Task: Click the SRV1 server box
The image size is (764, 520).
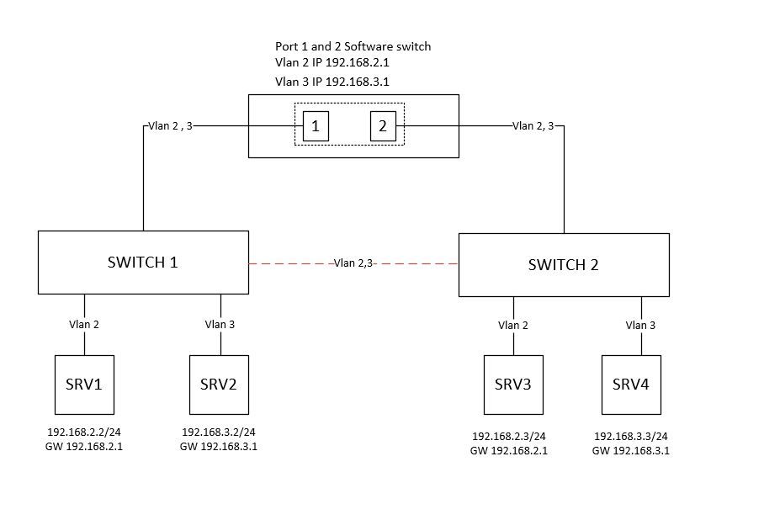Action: click(x=84, y=385)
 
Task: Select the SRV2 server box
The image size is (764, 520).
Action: click(x=219, y=385)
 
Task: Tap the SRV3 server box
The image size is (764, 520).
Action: click(x=513, y=385)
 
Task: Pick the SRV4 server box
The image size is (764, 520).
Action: click(x=631, y=385)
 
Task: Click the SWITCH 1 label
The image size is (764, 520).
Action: click(x=143, y=262)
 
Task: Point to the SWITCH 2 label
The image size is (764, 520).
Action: click(x=564, y=265)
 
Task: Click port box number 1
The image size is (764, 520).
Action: click(x=316, y=126)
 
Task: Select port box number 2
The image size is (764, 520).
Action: click(x=383, y=126)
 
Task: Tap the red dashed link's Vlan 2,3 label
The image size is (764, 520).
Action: click(x=353, y=263)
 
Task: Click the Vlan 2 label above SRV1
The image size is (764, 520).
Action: click(x=84, y=324)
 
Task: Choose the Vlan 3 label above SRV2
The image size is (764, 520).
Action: click(x=220, y=324)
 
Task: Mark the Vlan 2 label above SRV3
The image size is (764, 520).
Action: click(x=513, y=325)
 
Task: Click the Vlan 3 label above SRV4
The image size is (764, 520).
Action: click(x=641, y=325)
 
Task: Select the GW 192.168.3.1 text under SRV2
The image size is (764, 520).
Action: click(x=219, y=447)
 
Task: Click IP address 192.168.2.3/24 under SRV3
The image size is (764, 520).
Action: click(x=509, y=437)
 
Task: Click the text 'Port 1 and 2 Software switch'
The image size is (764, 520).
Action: click(x=353, y=46)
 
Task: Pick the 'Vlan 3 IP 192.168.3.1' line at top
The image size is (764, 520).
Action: click(x=332, y=82)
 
